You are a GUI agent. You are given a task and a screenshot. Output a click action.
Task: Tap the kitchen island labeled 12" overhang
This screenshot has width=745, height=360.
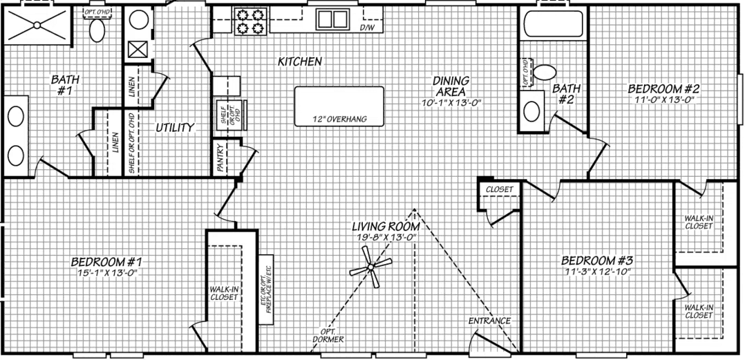tap(339, 106)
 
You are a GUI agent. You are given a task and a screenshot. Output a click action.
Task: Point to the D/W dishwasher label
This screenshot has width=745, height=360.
tap(366, 28)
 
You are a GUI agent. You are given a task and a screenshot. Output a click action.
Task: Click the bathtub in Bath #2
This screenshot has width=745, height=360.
tap(552, 23)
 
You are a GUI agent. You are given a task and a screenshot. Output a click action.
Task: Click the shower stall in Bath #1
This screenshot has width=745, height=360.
tap(36, 26)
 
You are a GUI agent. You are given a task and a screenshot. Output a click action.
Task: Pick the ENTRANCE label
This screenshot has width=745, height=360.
tap(489, 321)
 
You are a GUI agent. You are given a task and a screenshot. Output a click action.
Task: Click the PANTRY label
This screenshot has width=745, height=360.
tap(220, 167)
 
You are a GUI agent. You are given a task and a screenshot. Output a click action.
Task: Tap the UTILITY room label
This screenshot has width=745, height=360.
tap(174, 127)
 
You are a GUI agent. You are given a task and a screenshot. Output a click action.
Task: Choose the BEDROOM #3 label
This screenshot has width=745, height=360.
tap(597, 260)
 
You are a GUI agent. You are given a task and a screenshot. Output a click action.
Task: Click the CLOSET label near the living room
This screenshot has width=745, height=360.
tap(499, 189)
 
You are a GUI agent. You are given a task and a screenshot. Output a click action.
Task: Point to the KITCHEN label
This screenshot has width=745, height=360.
tap(299, 61)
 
